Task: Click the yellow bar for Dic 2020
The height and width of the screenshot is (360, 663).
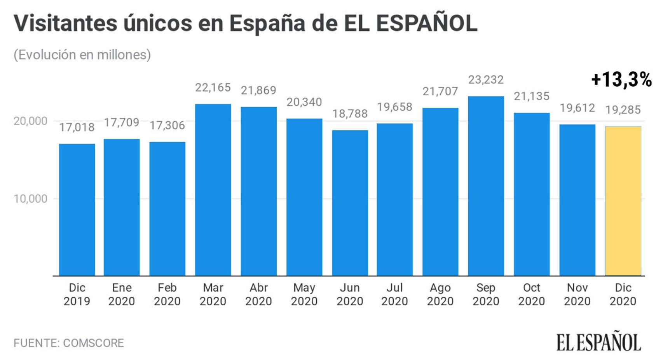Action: pos(623,201)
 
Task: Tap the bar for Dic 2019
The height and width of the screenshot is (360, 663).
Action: pos(77,210)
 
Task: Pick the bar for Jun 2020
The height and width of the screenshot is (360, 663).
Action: pos(350,203)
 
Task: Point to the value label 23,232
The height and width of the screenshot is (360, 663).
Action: pos(486,80)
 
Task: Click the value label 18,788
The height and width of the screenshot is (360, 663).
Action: pos(350,114)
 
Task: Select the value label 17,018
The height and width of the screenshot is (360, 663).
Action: pos(77,127)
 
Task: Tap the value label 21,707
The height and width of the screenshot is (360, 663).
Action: pos(440,91)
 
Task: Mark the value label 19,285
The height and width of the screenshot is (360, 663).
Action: pos(623,110)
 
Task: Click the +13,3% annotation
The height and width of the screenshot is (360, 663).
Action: pos(621,80)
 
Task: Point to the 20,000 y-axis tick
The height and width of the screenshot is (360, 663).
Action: pos(31,121)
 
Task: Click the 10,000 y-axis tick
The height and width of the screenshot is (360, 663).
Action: pos(31,199)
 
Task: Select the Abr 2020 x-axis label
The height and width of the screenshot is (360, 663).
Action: pos(258,294)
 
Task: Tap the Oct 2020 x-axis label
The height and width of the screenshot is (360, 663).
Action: pos(531,294)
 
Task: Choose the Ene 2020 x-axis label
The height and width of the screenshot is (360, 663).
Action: pos(122,294)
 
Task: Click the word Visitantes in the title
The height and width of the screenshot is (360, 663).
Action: pos(65,23)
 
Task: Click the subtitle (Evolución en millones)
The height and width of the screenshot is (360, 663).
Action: pos(82,55)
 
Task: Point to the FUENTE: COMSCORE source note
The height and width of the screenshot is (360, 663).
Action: pos(69,343)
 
